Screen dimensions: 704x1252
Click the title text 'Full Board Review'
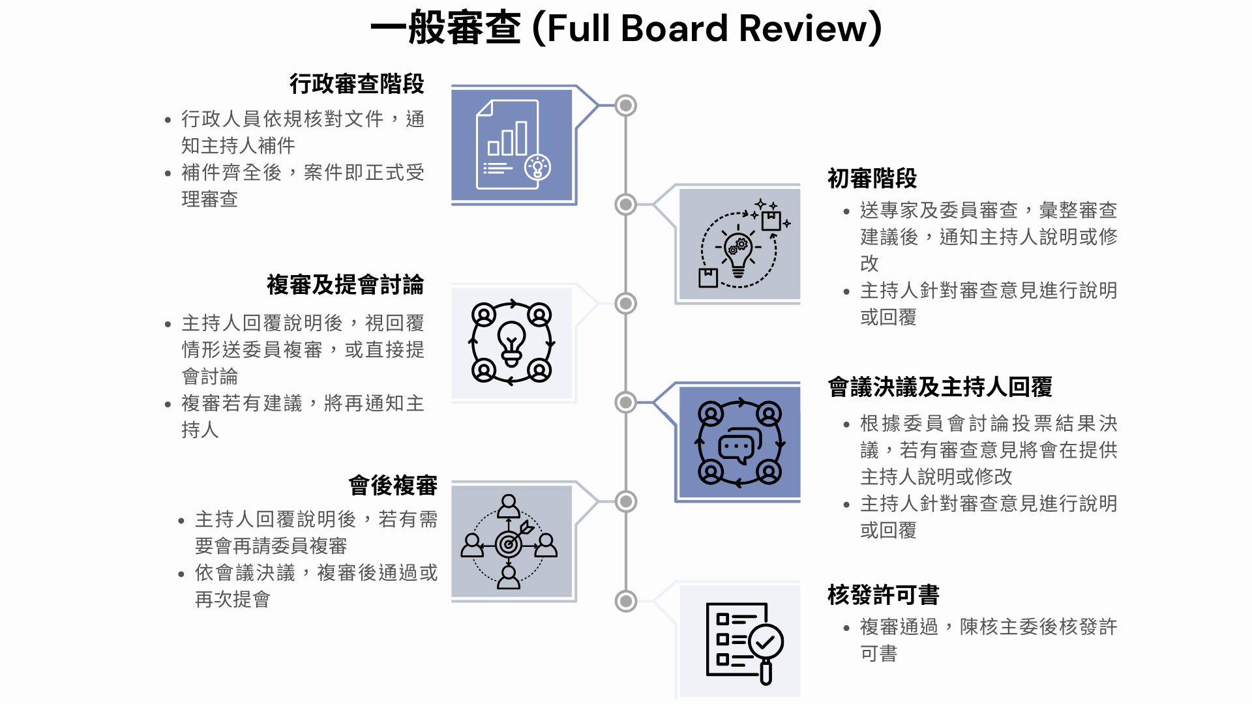point(707,29)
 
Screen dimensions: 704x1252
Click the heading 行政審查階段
point(357,83)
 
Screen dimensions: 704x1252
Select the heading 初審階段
point(872,178)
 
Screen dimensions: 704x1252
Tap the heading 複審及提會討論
point(345,285)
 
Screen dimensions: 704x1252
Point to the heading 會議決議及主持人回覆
point(940,387)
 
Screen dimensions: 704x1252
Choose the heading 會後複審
point(393,486)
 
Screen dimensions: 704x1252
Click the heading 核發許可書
point(883,595)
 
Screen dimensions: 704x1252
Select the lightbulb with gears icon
point(739,246)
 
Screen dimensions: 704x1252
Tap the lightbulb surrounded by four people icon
point(512,343)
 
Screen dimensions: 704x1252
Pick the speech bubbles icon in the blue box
point(739,444)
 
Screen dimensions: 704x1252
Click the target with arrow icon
point(509,542)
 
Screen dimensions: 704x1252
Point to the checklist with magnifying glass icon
point(743,642)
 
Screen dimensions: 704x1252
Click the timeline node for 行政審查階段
point(626,106)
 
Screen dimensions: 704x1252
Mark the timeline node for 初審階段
point(626,205)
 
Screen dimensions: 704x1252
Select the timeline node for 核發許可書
point(626,601)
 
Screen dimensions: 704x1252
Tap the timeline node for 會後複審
point(626,501)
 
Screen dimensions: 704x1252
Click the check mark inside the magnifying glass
point(766,642)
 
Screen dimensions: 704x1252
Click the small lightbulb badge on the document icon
point(537,167)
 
